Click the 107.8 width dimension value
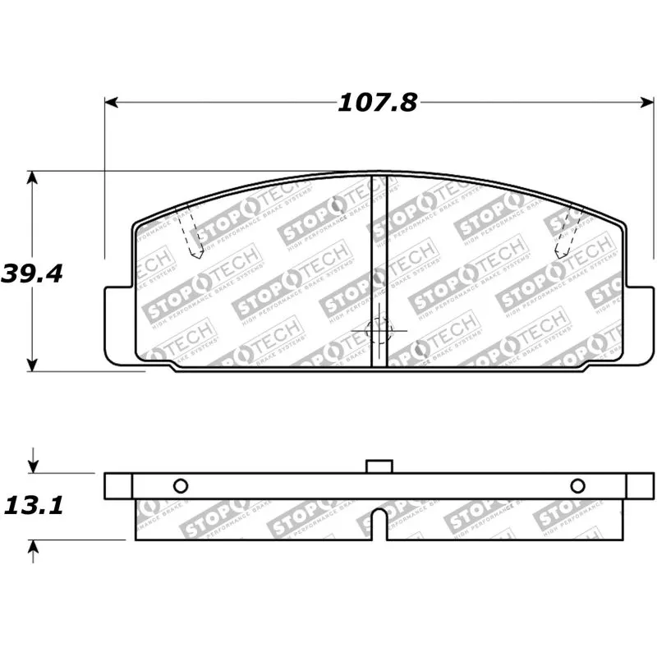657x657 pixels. point(377,103)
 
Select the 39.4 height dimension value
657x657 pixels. point(32,273)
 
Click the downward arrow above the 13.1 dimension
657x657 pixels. point(32,465)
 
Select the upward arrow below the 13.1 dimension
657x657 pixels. point(32,547)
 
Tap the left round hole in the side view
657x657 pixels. point(181,485)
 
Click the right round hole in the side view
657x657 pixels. point(577,485)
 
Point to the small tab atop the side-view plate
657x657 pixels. point(379,466)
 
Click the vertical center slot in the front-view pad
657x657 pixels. point(379,271)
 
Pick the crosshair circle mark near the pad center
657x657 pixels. point(379,331)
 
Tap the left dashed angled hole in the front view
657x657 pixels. point(192,230)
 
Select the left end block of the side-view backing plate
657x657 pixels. point(119,485)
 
